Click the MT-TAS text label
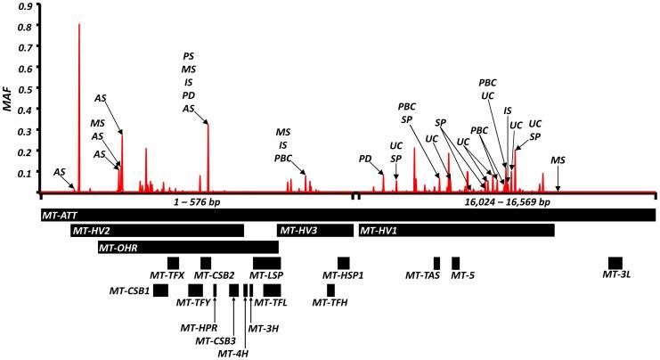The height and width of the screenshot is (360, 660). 422,275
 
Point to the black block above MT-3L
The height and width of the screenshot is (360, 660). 615,262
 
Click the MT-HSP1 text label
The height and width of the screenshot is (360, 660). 343,275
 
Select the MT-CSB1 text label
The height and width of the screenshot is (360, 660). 129,290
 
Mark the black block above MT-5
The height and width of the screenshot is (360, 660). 455,262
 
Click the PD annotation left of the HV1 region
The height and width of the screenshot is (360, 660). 365,159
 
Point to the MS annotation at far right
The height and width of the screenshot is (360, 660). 558,160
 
